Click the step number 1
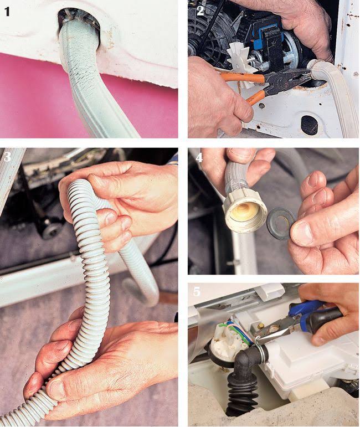tap(7, 12)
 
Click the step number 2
tap(200, 11)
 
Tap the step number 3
tap(7, 157)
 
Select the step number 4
tap(199, 157)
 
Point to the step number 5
tap(197, 291)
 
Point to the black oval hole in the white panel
tap(309, 125)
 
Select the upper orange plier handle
tap(240, 77)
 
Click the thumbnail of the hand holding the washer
tap(302, 232)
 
